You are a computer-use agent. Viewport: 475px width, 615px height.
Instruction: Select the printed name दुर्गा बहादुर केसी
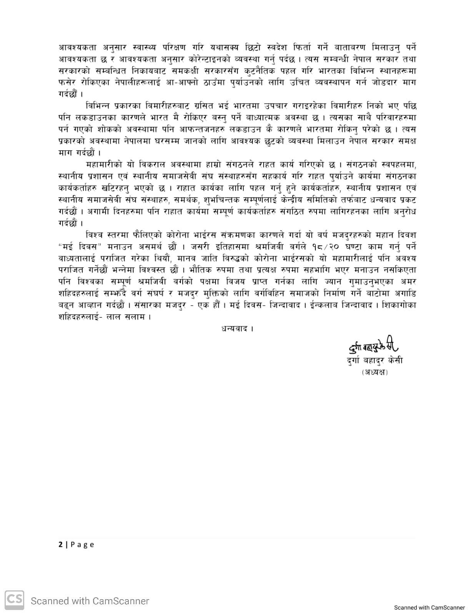(375, 361)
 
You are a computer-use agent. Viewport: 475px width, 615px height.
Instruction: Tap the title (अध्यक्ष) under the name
(374, 372)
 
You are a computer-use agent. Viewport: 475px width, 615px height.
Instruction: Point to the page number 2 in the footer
(60, 544)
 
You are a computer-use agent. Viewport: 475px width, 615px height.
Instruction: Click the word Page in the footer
(82, 544)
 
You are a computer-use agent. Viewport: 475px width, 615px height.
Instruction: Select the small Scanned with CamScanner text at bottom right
(429, 608)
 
